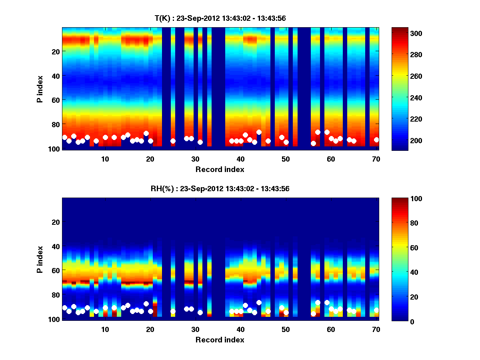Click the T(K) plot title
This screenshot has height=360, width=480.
pyautogui.click(x=220, y=18)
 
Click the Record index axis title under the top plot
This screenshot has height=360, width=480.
pyautogui.click(x=220, y=169)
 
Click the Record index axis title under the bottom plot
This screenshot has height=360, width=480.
pyautogui.click(x=220, y=340)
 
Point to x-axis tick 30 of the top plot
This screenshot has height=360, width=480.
pyautogui.click(x=195, y=159)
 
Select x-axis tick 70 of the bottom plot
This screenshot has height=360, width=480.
pyautogui.click(x=376, y=329)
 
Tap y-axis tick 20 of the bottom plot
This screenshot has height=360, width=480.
pyautogui.click(x=56, y=222)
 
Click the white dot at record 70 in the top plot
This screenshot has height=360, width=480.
pyautogui.click(x=376, y=140)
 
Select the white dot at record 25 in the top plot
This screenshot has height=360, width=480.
pyautogui.click(x=173, y=141)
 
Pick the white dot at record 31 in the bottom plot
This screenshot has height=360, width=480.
pyautogui.click(x=200, y=312)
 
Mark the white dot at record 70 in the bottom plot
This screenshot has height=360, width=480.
pyautogui.click(x=376, y=310)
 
